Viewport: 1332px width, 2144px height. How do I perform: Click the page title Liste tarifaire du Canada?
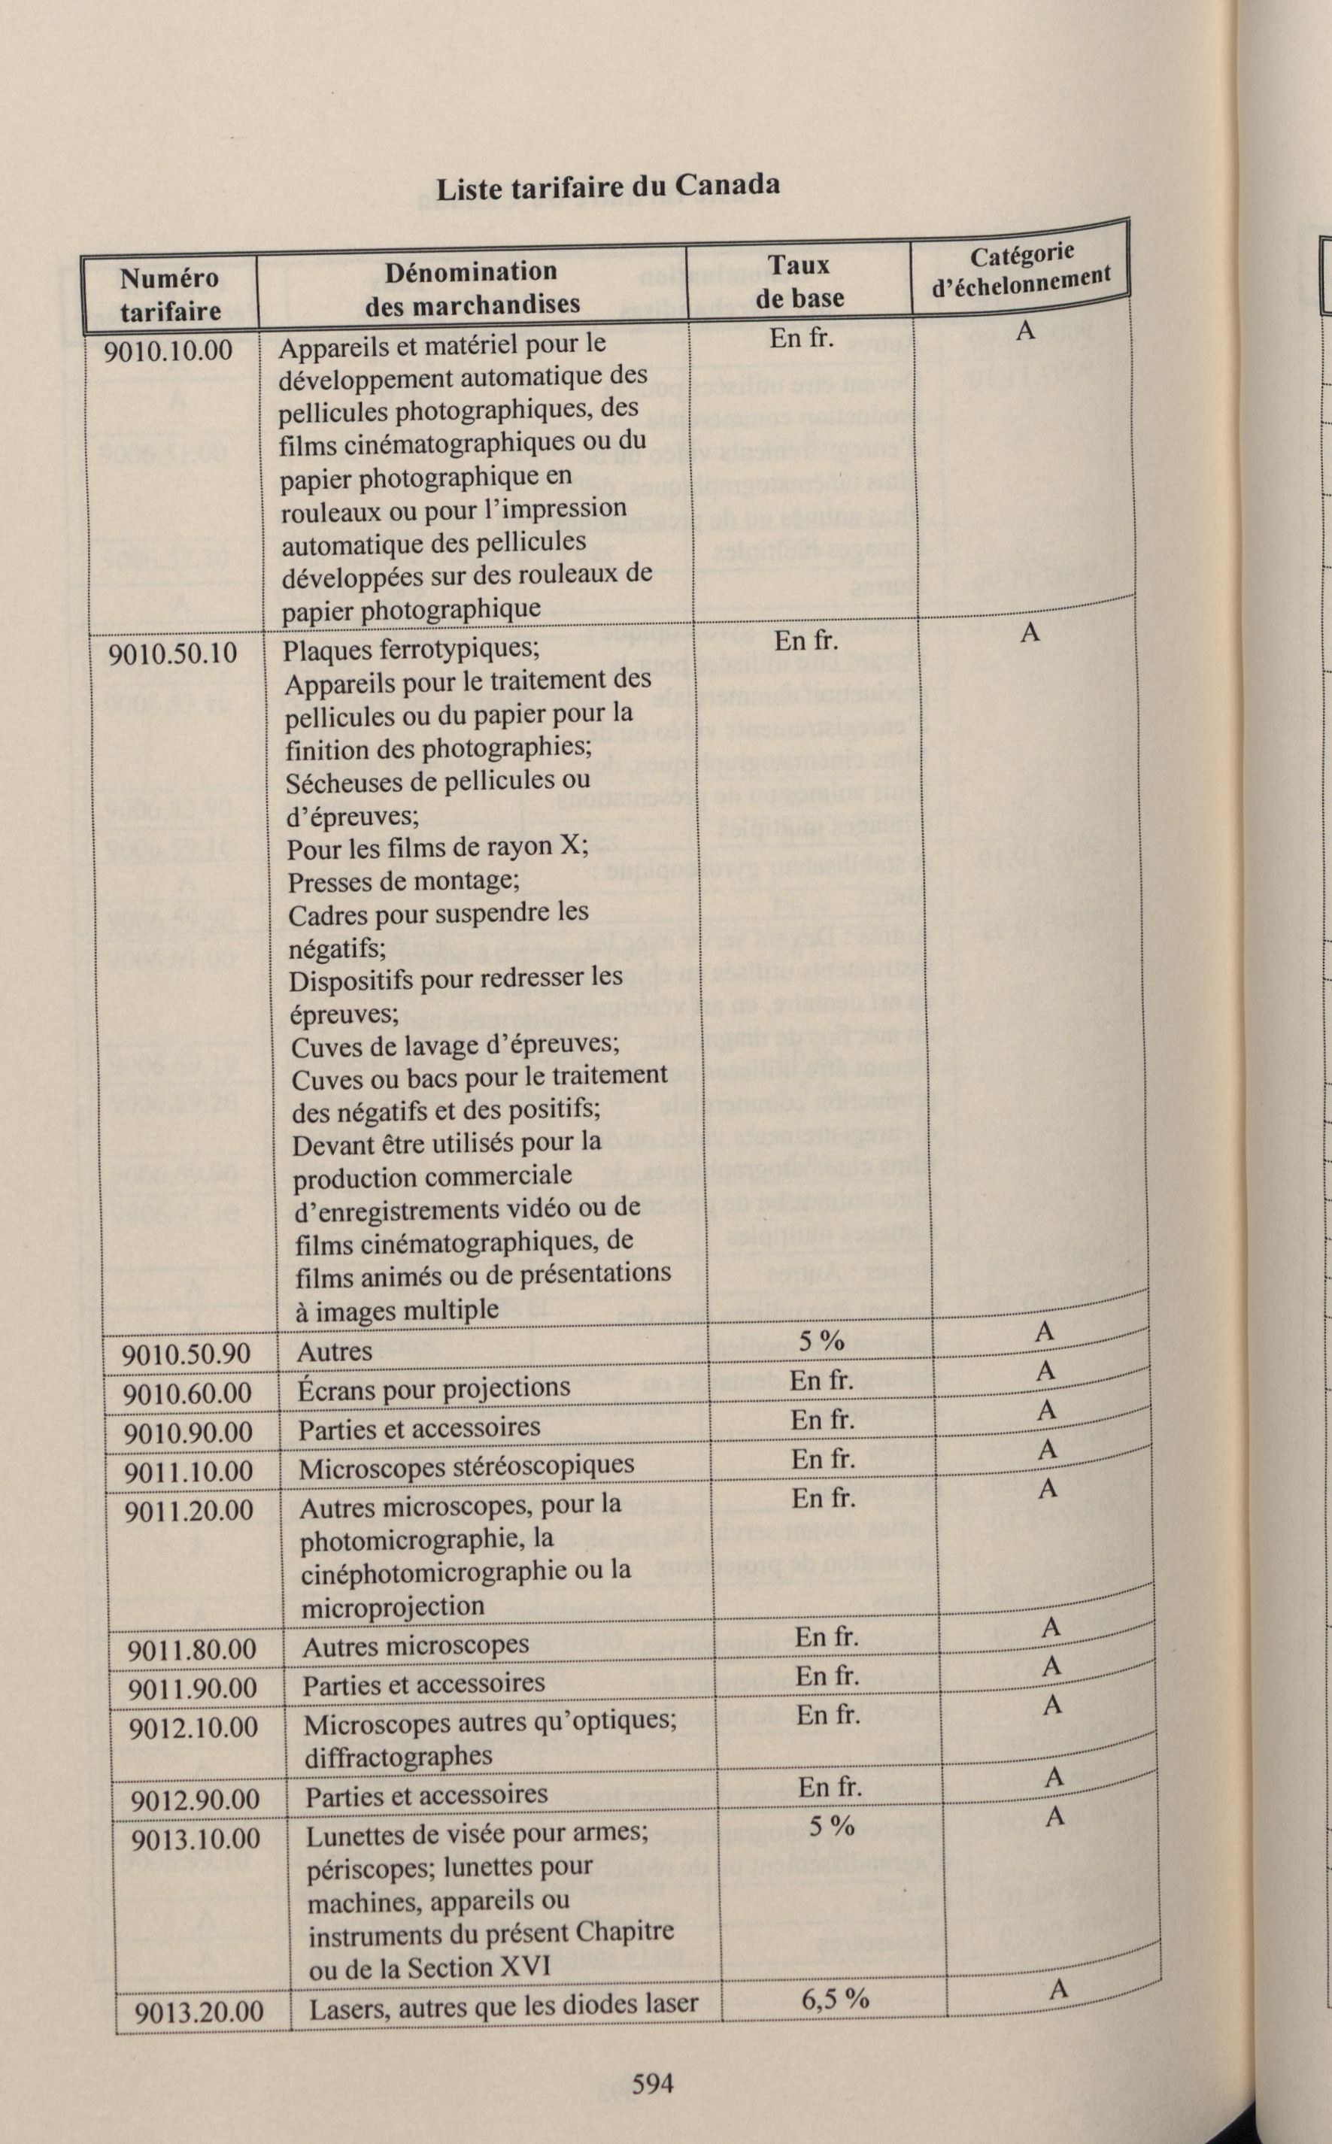tap(608, 186)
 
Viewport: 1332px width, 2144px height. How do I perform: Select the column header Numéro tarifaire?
tap(170, 294)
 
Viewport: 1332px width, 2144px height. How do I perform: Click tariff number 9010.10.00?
tap(169, 350)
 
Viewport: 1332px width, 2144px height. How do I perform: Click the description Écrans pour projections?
tap(433, 1389)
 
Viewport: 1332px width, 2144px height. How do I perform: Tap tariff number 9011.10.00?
tap(189, 1471)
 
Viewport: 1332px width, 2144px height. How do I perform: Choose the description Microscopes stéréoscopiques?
tap(466, 1465)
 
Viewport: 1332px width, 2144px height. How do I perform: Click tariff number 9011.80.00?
tap(192, 1649)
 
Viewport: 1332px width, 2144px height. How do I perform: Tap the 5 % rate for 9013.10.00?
tap(832, 1826)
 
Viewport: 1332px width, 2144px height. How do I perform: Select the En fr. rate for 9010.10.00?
tap(801, 338)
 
